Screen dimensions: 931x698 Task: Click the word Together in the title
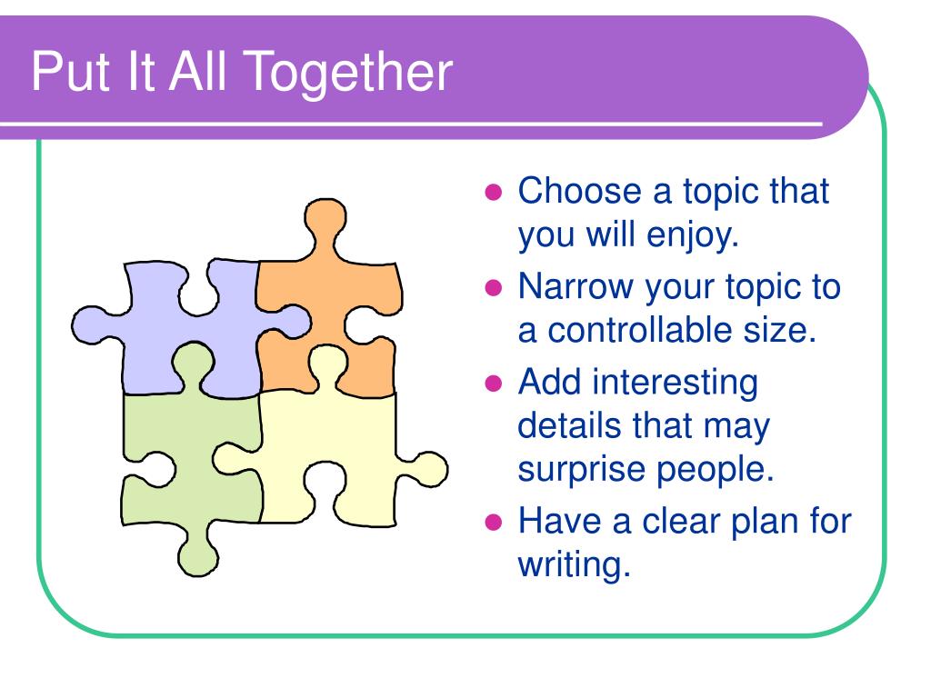coord(348,74)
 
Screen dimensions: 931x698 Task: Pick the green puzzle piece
coord(190,457)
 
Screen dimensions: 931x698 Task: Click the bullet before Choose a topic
coord(494,193)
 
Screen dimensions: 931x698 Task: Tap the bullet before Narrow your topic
coord(494,288)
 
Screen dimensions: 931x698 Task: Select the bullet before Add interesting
coord(494,383)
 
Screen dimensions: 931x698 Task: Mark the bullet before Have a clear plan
coord(494,523)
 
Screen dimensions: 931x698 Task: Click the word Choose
coord(580,191)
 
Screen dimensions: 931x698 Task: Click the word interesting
coord(676,383)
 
